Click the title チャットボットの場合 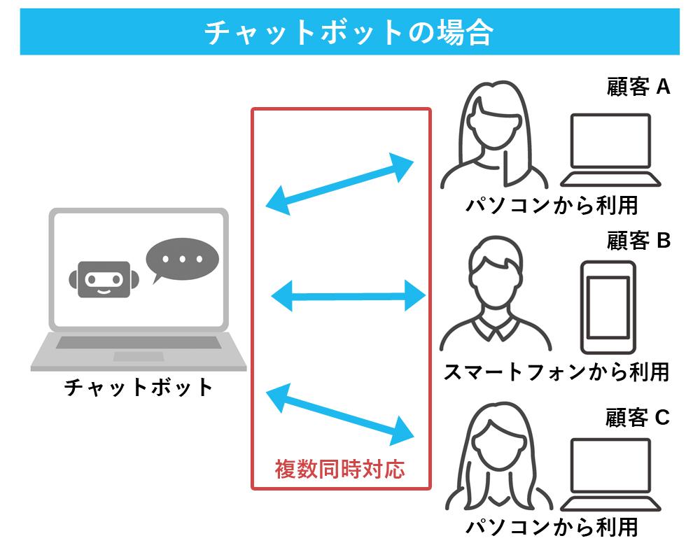coord(349,32)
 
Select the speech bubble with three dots coord(181,260)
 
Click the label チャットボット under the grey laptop coord(139,387)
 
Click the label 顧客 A coord(638,87)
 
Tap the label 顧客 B coord(638,241)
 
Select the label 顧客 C coord(638,418)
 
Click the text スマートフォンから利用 coord(556,372)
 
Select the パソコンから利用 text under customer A coord(552,206)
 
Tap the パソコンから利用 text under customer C coord(552,527)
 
